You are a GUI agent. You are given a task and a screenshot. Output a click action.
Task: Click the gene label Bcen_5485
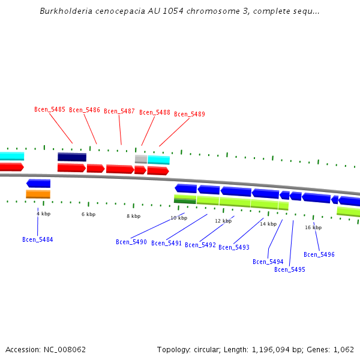click(50, 109)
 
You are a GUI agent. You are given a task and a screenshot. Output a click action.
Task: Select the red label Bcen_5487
click(119, 111)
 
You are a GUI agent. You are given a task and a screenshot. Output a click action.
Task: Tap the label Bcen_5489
click(190, 114)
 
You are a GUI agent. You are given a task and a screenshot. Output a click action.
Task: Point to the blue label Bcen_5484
click(38, 239)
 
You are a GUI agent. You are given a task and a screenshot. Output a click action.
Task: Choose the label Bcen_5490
click(131, 242)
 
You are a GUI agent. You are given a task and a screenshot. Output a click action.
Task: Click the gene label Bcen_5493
click(234, 247)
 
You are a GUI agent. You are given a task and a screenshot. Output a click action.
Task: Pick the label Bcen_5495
click(290, 269)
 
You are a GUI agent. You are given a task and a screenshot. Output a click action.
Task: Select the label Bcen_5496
click(319, 254)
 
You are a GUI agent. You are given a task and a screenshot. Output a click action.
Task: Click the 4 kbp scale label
click(43, 214)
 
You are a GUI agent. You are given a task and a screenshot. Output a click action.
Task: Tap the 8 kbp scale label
click(133, 216)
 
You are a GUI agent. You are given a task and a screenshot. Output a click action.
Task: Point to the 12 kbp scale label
click(223, 221)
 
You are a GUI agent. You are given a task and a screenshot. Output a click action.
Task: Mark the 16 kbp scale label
click(313, 227)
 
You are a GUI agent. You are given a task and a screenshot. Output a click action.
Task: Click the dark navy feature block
click(72, 157)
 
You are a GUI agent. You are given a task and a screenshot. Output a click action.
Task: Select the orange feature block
click(38, 194)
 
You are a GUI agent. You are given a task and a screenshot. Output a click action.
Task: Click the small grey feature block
click(141, 159)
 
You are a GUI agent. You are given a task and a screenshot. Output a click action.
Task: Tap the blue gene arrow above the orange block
click(38, 184)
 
